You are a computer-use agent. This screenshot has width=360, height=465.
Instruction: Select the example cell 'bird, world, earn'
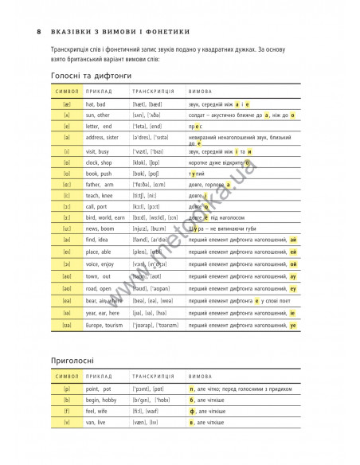107,217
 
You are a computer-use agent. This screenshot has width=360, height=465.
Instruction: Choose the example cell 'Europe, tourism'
106,326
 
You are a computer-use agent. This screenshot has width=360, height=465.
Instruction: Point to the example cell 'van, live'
95,421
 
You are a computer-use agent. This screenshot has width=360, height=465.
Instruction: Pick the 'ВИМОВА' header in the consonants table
200,375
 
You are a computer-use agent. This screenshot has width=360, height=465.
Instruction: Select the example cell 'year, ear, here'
104,315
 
